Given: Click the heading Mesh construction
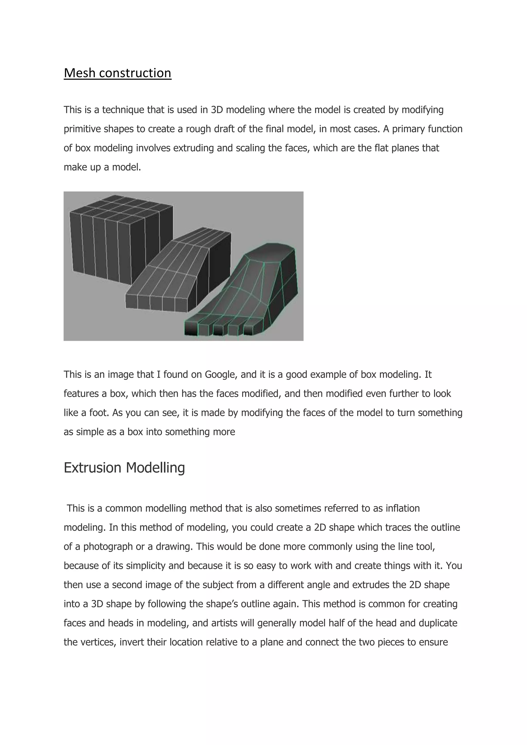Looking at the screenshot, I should (118, 73).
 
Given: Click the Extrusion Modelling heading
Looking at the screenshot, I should (124, 468).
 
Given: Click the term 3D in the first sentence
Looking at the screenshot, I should (217, 110).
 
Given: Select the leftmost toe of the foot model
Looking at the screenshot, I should (191, 328).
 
